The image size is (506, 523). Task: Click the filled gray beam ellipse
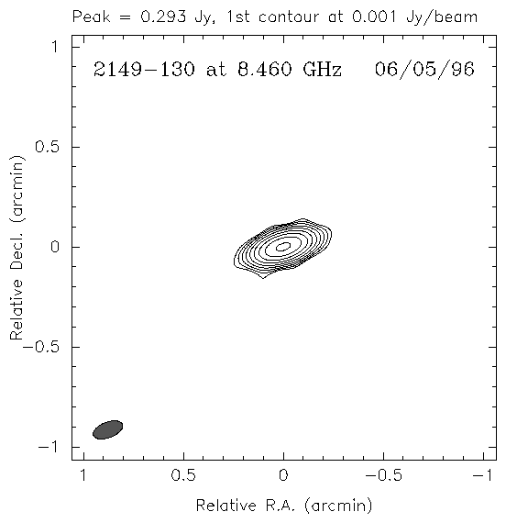coord(107,430)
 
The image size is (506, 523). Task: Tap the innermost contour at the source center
coord(283,247)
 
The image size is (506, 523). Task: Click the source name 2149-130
coord(144,70)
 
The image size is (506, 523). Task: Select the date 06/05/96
coord(424,70)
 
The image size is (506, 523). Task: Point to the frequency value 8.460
coord(264,70)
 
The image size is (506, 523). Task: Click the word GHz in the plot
coord(322,70)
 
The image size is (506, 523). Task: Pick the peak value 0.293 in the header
coord(163,17)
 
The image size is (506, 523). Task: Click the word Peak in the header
coord(91,17)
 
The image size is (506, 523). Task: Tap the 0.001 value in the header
coord(374,17)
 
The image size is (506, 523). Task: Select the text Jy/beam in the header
coord(442,17)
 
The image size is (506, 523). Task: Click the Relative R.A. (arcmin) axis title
coord(284,506)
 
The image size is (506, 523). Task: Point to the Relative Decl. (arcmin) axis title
coord(16,248)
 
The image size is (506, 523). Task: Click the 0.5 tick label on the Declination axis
coord(48,147)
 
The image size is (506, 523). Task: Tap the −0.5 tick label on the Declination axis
coord(41,347)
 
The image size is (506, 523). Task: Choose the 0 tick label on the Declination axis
coord(55,247)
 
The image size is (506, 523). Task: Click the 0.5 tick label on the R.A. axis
coord(183,475)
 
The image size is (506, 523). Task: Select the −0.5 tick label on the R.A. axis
coord(384,475)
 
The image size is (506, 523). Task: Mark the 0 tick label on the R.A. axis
coord(283,475)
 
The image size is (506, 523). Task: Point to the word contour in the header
coord(289,17)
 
